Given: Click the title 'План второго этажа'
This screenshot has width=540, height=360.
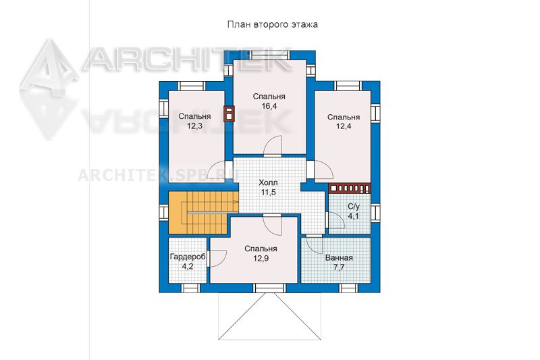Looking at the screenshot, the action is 272,25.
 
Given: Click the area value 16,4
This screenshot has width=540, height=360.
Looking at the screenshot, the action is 269,106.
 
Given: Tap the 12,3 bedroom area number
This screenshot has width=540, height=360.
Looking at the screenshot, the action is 194,126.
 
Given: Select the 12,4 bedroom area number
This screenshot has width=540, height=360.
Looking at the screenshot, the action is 344,126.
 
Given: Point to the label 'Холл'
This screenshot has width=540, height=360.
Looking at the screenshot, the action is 268,182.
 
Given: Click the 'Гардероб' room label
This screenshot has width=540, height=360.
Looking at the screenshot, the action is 188,257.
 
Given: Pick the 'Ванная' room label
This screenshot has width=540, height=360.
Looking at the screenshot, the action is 339,258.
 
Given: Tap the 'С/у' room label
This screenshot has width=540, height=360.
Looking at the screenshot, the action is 354,207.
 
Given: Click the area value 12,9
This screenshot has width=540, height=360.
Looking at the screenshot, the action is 261,258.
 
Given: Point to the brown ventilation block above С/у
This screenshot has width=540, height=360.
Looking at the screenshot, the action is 350,188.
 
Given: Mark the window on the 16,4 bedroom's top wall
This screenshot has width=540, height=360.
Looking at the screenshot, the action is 269,55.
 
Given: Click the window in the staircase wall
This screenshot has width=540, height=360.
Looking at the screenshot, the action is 163,212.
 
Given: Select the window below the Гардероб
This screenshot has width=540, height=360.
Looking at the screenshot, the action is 191,288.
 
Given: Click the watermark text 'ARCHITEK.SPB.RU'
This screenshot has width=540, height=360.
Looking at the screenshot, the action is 158,176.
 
